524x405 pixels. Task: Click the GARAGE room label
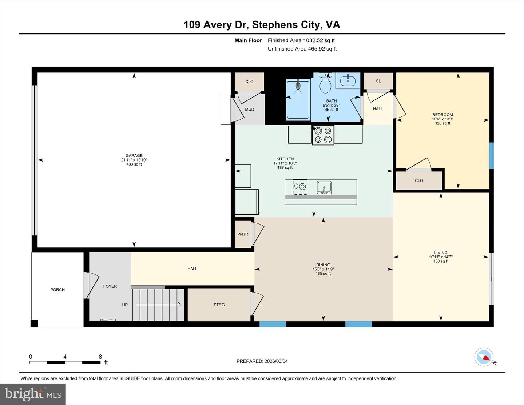pyautogui.click(x=134, y=156)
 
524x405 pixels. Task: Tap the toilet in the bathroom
pyautogui.click(x=325, y=84)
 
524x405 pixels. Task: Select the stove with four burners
pyautogui.click(x=323, y=135)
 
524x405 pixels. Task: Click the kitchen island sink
pyautogui.click(x=324, y=188)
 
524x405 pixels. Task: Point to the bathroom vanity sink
pyautogui.click(x=348, y=80)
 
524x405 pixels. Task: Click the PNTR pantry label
pyautogui.click(x=243, y=234)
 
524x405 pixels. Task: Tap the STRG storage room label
pyautogui.click(x=219, y=305)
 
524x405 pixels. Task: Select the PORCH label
pyautogui.click(x=57, y=290)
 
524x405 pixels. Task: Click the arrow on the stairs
pyautogui.click(x=159, y=305)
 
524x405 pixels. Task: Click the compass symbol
pyautogui.click(x=484, y=357)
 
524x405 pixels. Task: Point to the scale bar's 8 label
pyautogui.click(x=100, y=357)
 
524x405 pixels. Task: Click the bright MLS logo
pyautogui.click(x=33, y=394)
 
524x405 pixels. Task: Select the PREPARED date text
pyautogui.click(x=262, y=361)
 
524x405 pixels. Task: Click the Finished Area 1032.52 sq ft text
pyautogui.click(x=301, y=40)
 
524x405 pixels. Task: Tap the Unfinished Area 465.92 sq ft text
pyautogui.click(x=302, y=49)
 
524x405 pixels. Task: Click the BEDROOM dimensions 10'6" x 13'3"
pyautogui.click(x=442, y=119)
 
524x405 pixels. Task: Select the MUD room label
pyautogui.click(x=249, y=110)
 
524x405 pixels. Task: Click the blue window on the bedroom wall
pyautogui.click(x=491, y=155)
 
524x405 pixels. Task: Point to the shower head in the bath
pyautogui.click(x=298, y=86)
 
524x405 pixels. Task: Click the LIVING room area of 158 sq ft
pyautogui.click(x=441, y=261)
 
